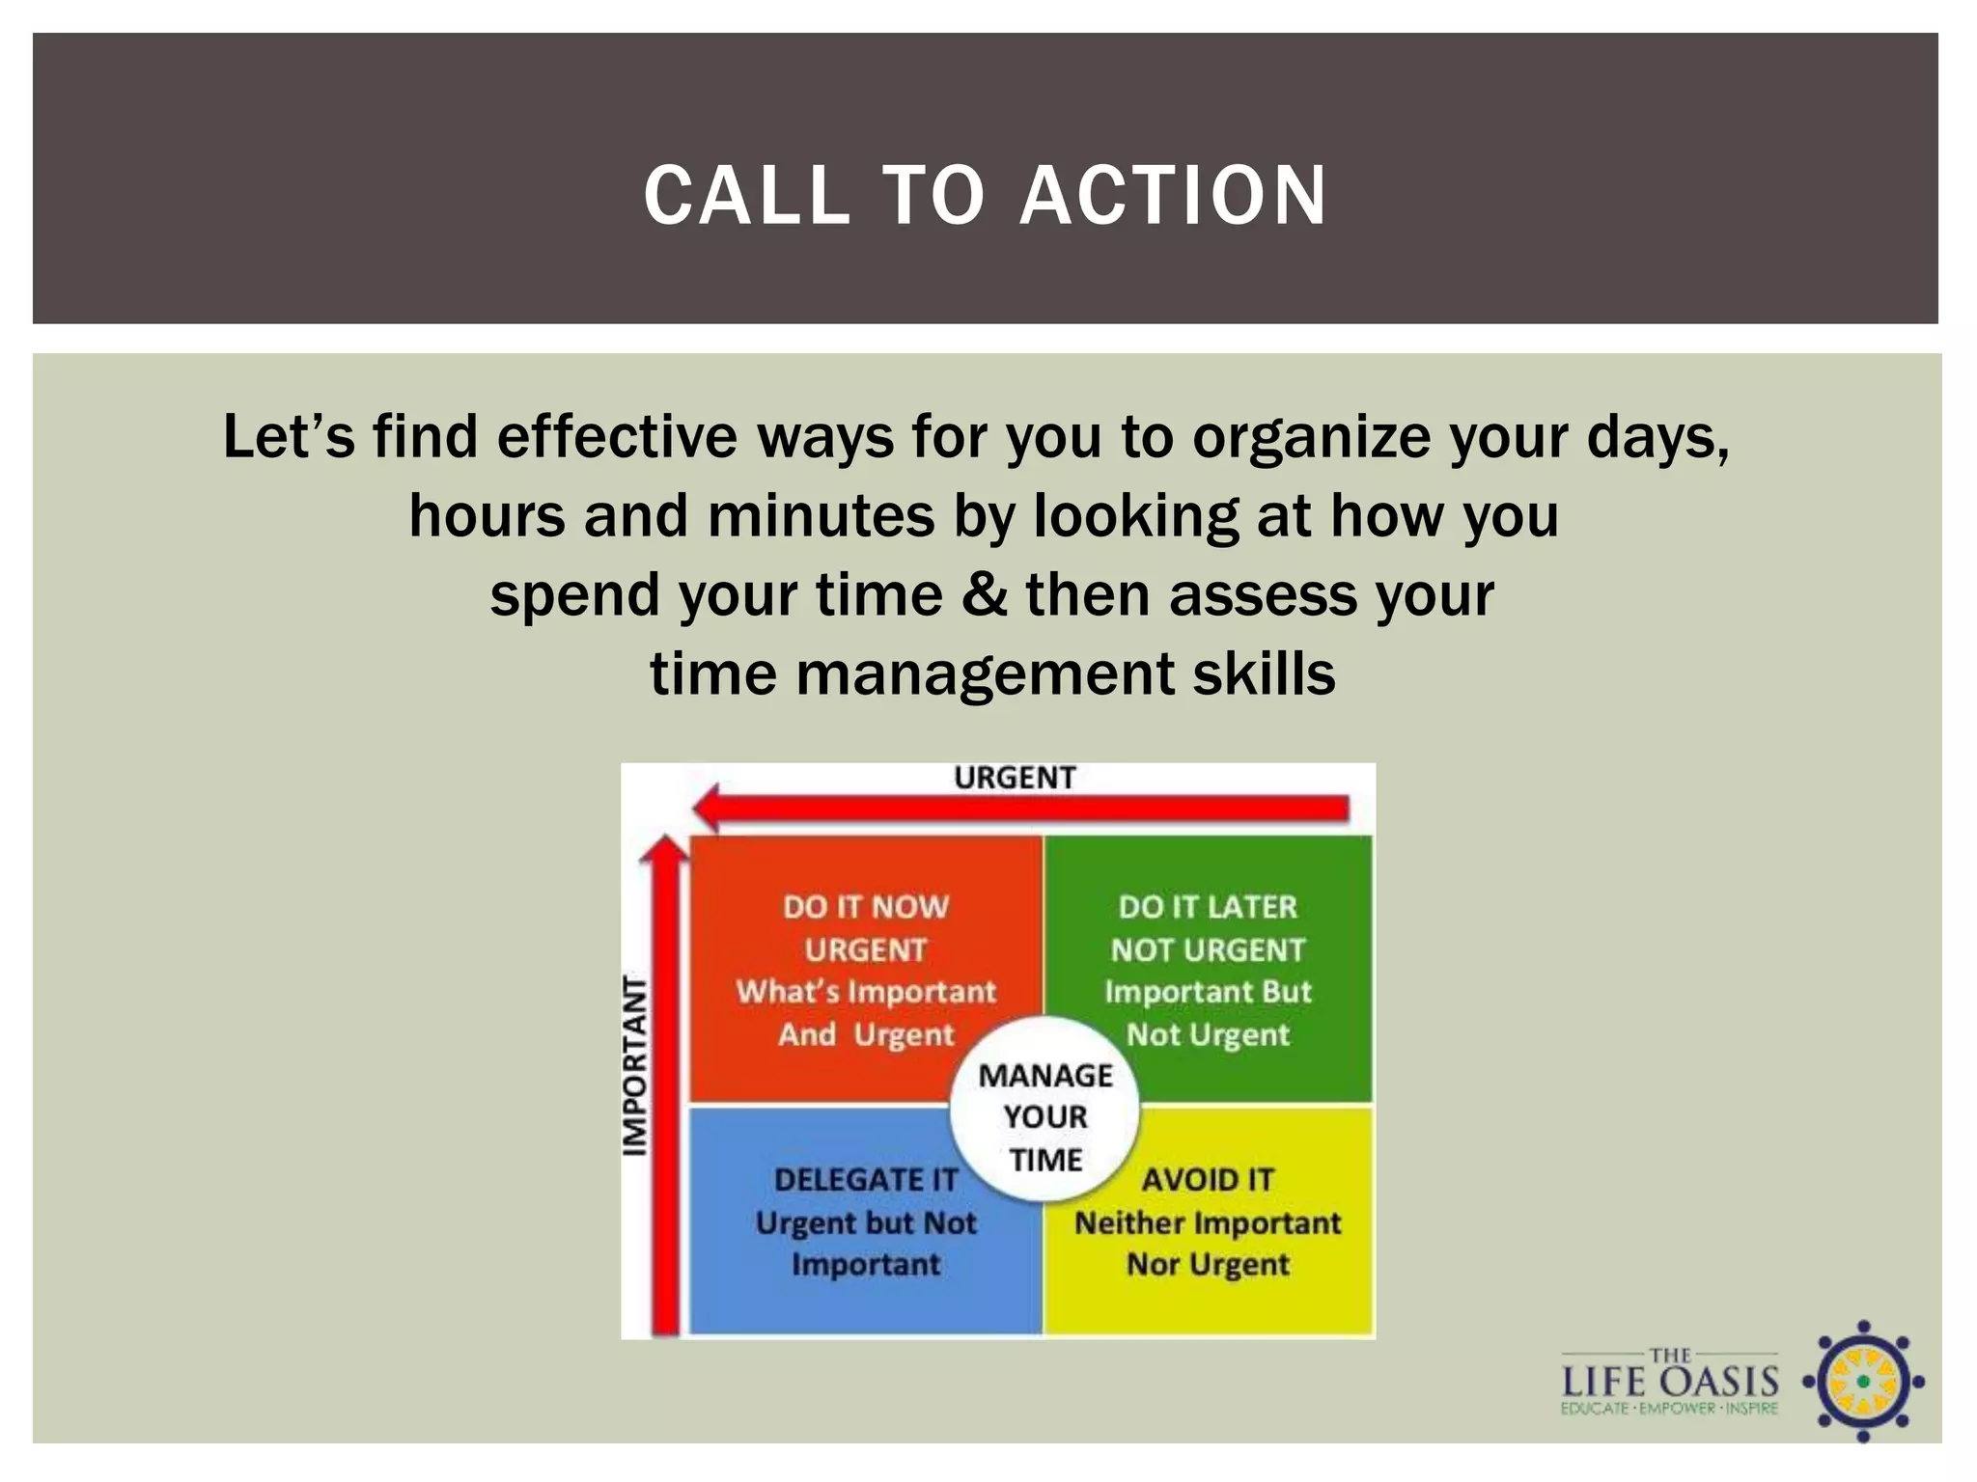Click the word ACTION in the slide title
pyautogui.click(x=1173, y=196)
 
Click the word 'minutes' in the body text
pyautogui.click(x=821, y=516)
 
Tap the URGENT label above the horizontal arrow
pyautogui.click(x=1015, y=778)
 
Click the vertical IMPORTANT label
pyautogui.click(x=634, y=1065)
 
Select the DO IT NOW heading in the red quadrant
pyautogui.click(x=866, y=907)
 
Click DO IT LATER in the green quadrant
pyautogui.click(x=1208, y=907)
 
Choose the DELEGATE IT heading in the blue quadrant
pyautogui.click(x=866, y=1179)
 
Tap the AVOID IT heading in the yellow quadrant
pyautogui.click(x=1208, y=1179)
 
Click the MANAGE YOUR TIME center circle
pyautogui.click(x=1045, y=1116)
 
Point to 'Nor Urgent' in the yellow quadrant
pyautogui.click(x=1208, y=1264)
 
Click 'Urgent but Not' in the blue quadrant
pyautogui.click(x=866, y=1222)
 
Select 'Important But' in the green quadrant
pyautogui.click(x=1208, y=992)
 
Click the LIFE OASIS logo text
pyautogui.click(x=1670, y=1382)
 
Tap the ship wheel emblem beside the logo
pyautogui.click(x=1863, y=1382)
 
